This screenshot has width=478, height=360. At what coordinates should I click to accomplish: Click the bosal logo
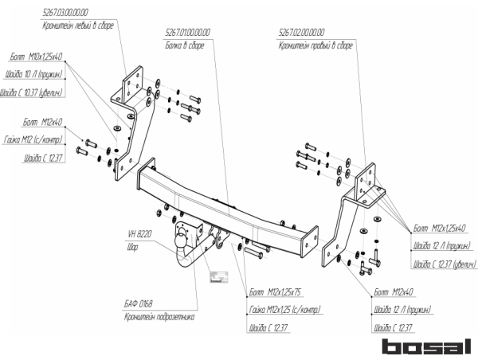coord(426,346)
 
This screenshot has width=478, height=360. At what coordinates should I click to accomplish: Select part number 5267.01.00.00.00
coord(186,33)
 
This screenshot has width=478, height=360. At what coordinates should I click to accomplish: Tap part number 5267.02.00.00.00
coord(302,33)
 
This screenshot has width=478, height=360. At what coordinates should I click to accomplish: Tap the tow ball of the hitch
coord(181,236)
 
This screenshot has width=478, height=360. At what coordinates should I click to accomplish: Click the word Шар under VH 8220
coord(133,248)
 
